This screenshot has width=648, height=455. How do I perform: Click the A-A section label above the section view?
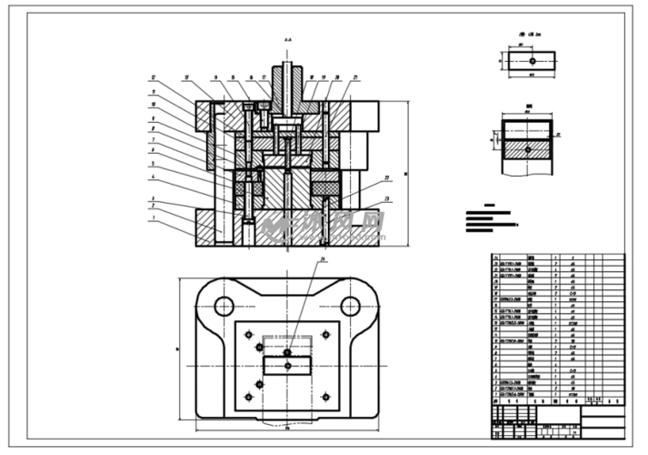pos(287,41)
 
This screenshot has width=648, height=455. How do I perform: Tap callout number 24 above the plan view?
pos(322,261)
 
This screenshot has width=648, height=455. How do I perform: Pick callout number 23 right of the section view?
pos(387,198)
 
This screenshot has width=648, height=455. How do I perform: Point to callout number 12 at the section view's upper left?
pos(154,76)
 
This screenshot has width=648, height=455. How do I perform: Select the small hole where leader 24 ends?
pos(287,352)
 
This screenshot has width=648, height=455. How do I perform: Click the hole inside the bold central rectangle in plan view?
pos(287,366)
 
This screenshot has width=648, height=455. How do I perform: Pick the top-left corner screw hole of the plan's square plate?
pos(248,333)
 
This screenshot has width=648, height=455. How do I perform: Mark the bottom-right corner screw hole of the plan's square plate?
pos(325,398)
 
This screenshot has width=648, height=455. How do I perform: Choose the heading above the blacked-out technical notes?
pos(491,207)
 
